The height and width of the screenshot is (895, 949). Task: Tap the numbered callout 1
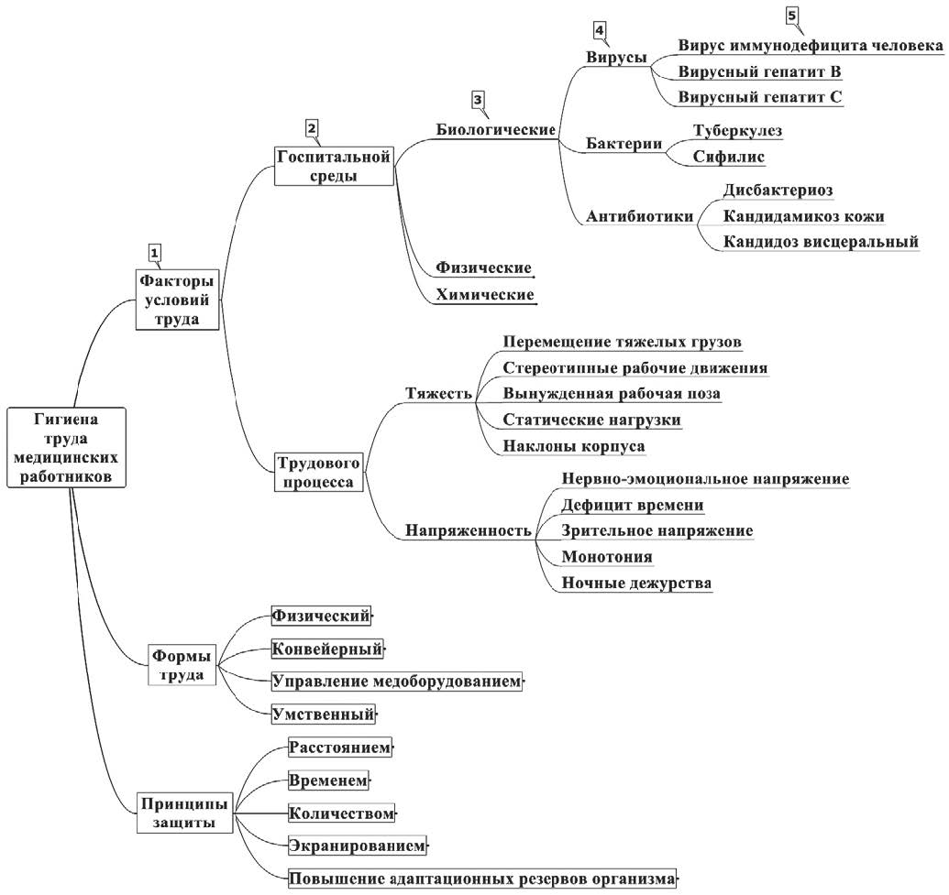tap(155, 251)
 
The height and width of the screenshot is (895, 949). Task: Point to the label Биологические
tap(494, 129)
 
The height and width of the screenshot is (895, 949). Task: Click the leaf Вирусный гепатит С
tap(760, 96)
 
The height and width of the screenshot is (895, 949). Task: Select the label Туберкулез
tap(737, 130)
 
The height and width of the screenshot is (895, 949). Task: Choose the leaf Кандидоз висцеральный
tap(821, 242)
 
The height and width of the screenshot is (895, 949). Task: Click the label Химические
tap(485, 295)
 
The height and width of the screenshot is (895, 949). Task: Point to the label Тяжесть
tap(438, 394)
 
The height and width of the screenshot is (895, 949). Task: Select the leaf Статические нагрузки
tap(592, 420)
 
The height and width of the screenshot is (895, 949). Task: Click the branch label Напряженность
tap(469, 529)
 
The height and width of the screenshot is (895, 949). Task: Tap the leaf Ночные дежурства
tap(636, 583)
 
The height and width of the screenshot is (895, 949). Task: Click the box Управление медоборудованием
tap(396, 682)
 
